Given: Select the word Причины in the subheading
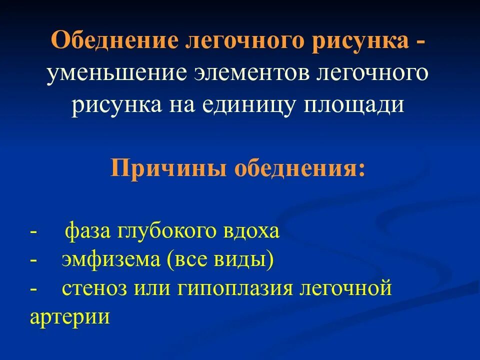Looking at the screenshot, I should [x=167, y=168].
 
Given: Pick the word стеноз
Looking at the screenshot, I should [x=91, y=289].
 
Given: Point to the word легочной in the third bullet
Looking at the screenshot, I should [x=345, y=289].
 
